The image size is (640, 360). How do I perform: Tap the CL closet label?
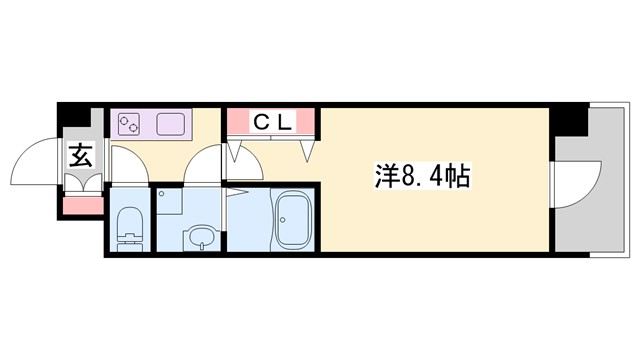coord(272,123)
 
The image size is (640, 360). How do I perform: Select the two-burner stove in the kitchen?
coord(130,125)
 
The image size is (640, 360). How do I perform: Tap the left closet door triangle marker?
coord(236,152)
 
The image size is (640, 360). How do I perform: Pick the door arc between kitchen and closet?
coord(205,165)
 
